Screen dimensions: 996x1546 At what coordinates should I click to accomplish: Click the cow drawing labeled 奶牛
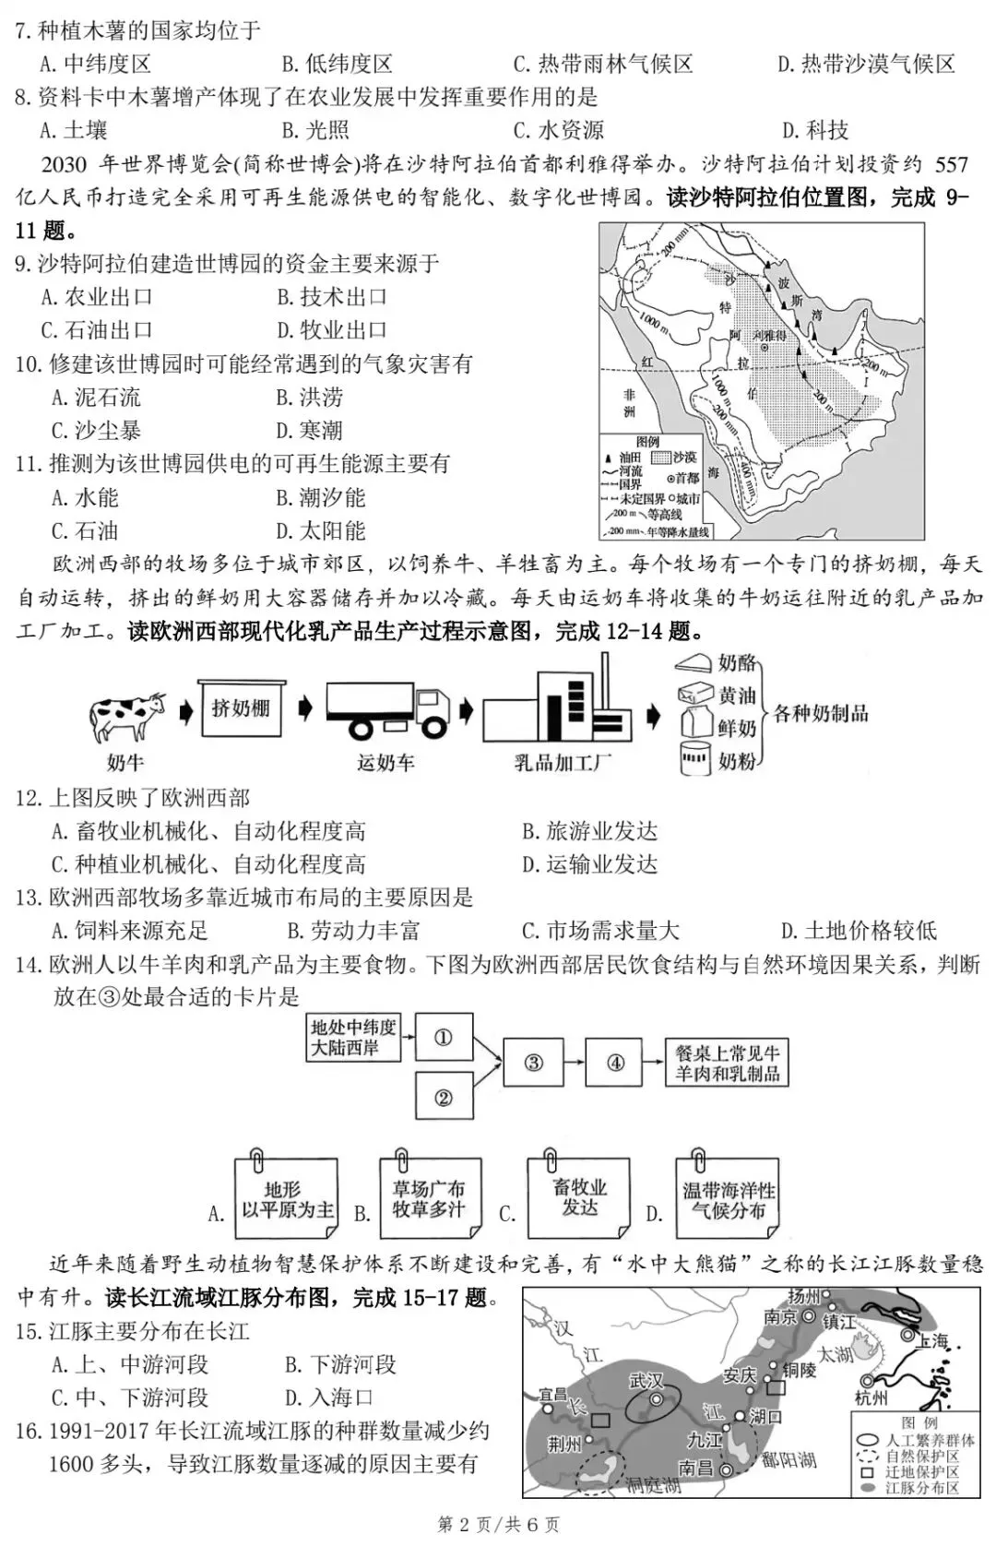[x=126, y=716]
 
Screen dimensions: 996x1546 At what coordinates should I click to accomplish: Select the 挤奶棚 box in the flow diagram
[x=242, y=708]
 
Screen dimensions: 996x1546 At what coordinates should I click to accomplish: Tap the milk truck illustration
[x=386, y=712]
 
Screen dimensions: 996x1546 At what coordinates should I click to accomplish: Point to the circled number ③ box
[x=533, y=1062]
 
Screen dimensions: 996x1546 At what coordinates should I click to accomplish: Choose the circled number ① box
[x=444, y=1037]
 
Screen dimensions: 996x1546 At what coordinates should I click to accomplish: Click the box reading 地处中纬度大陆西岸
[x=354, y=1037]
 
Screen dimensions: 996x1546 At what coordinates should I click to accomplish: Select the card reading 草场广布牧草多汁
[x=429, y=1199]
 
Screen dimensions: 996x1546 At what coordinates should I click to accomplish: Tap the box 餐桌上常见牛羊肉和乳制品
[x=728, y=1063]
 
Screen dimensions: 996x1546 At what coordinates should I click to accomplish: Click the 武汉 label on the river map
[x=646, y=1381]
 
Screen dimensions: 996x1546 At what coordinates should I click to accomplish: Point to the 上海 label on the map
[x=931, y=1340]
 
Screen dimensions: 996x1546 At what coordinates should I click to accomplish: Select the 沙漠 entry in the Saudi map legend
[x=683, y=457]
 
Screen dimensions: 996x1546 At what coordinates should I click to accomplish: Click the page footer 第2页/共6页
[x=498, y=1524]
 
